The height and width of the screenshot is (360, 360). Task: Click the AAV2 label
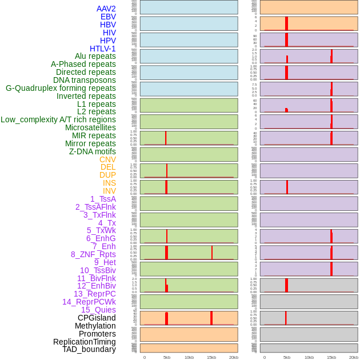tap(106, 9)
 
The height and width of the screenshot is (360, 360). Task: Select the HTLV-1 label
tap(102, 49)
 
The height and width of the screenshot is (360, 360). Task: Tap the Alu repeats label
tap(95, 57)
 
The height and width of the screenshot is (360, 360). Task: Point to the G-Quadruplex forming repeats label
tap(61, 88)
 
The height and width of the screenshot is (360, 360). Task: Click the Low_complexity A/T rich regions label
tap(58, 119)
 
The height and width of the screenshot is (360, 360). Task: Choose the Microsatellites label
tap(90, 127)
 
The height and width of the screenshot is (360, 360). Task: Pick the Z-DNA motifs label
tap(92, 151)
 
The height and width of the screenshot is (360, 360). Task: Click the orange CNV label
tap(107, 159)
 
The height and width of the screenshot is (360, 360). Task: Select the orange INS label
tap(109, 183)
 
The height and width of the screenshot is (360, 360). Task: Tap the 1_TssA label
tap(103, 199)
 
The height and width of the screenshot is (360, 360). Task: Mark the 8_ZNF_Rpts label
tap(93, 254)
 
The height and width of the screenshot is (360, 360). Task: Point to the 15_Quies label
tap(98, 310)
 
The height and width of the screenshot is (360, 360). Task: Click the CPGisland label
tap(97, 318)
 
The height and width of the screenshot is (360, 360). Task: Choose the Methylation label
tap(95, 326)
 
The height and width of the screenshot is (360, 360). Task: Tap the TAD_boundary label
tap(89, 349)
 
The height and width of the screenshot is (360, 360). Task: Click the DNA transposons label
tap(85, 80)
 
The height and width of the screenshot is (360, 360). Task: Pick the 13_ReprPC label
tap(94, 294)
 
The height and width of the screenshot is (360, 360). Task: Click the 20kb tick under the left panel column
tap(233, 357)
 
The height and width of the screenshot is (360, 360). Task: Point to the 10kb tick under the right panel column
tap(309, 357)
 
